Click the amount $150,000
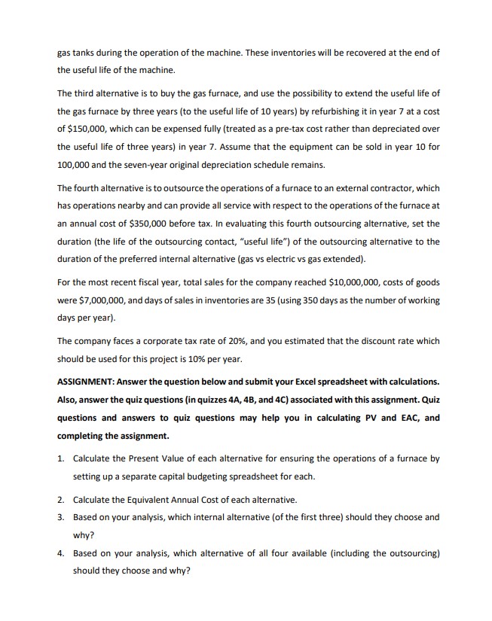(x=90, y=128)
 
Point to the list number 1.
(x=60, y=458)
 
